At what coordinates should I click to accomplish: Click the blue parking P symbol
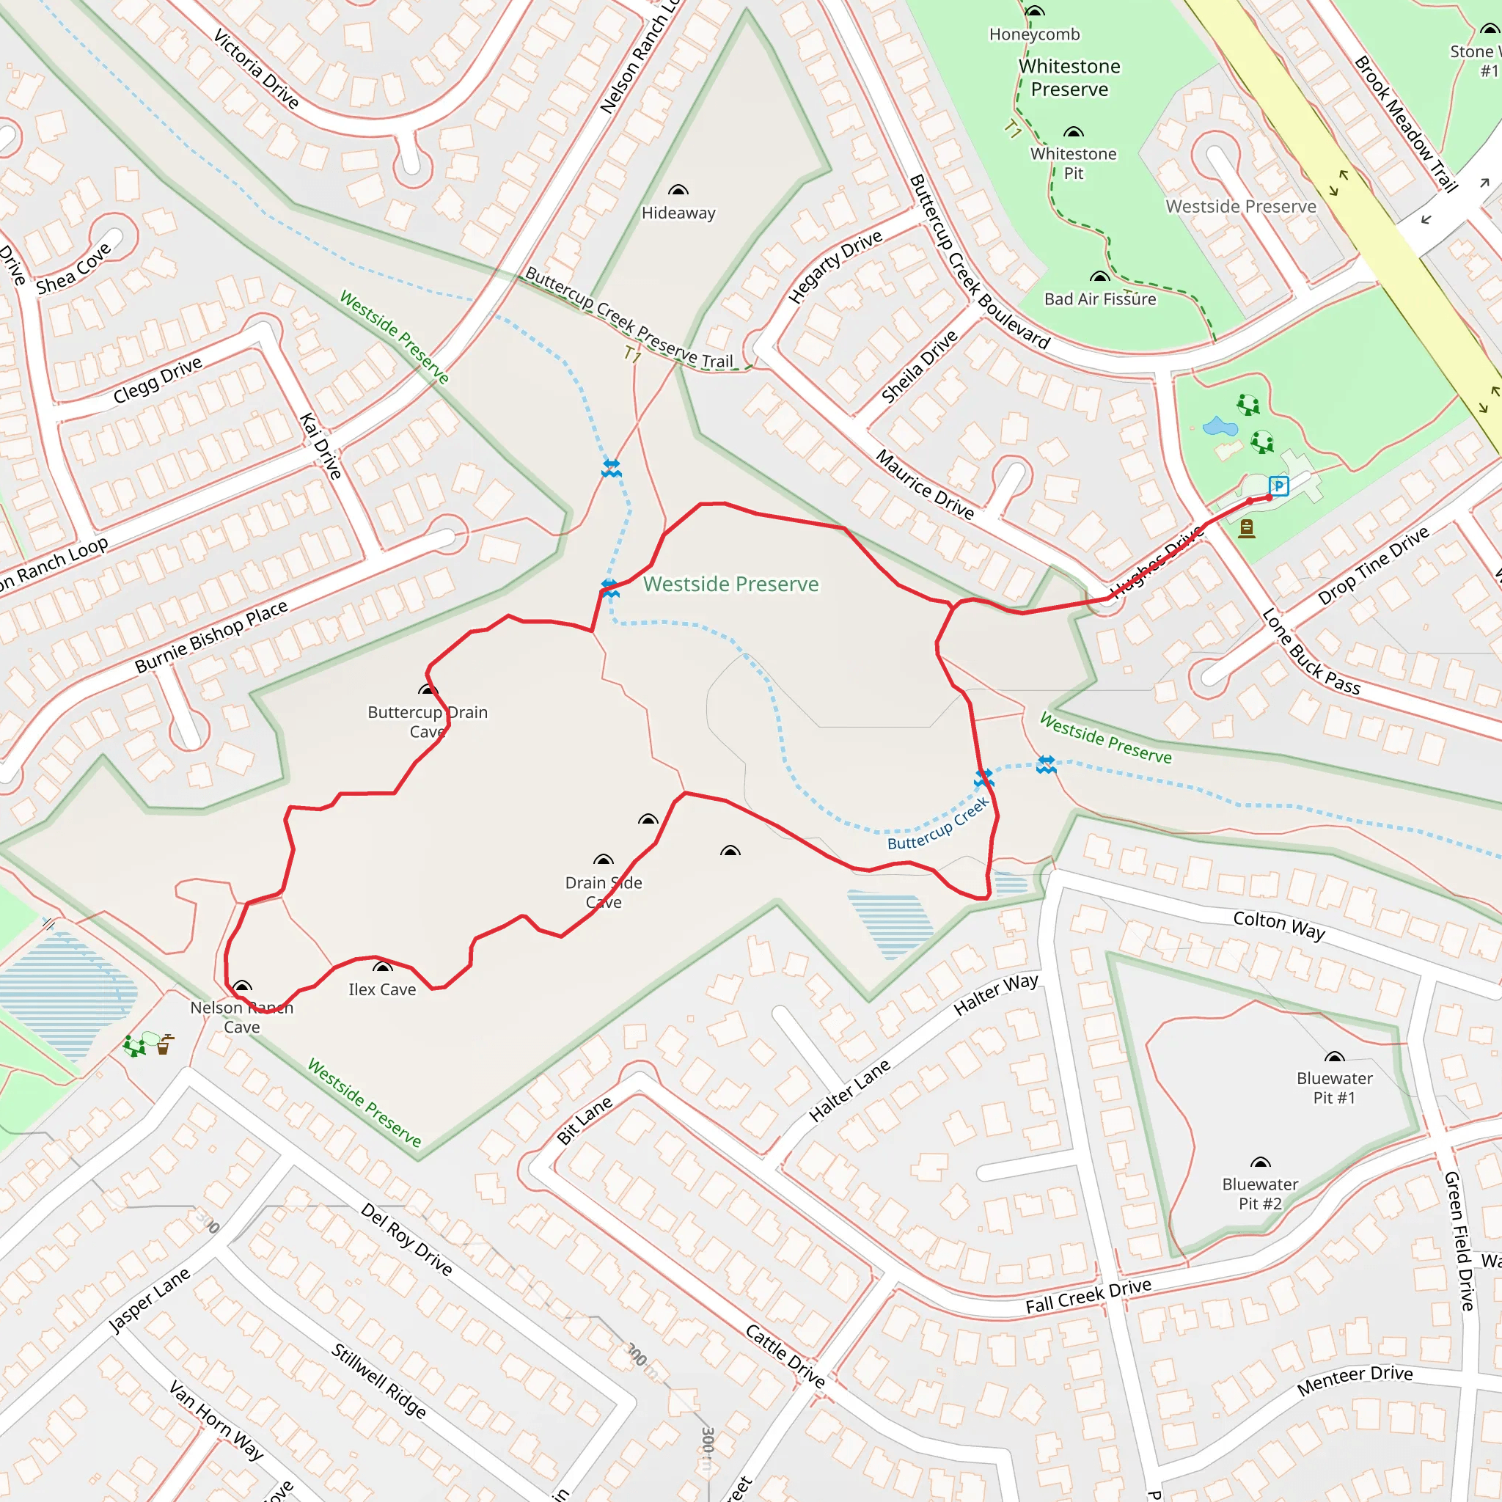1278,487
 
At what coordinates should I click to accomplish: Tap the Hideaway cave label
678,213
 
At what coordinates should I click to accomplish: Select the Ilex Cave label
381,989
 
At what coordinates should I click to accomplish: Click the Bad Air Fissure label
1099,299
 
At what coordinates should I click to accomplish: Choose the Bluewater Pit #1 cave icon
1334,1058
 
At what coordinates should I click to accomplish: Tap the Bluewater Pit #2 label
1259,1194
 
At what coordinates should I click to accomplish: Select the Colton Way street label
1279,925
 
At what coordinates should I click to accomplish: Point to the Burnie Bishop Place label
211,637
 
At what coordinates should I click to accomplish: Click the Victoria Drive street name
256,68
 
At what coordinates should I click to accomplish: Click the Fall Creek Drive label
1088,1296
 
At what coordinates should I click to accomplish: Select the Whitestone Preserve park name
1070,78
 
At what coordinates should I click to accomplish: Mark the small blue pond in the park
1219,426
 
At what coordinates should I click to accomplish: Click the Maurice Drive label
924,484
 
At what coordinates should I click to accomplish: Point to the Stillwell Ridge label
378,1381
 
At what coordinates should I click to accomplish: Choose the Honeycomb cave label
1034,34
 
